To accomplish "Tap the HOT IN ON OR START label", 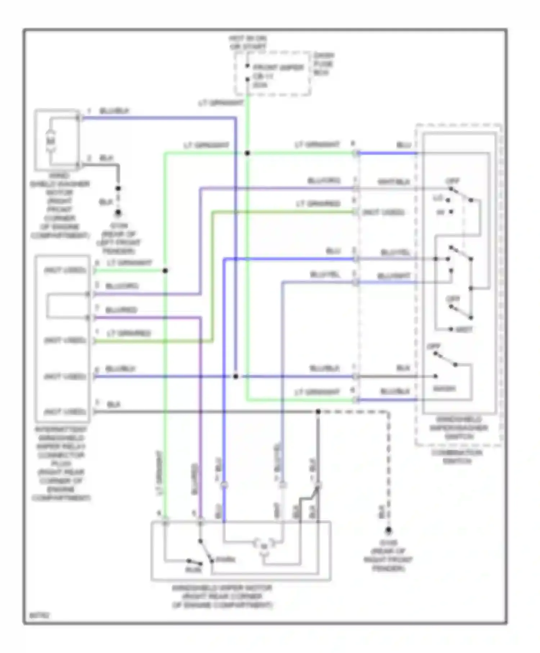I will point(248,42).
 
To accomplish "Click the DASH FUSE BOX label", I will point(324,64).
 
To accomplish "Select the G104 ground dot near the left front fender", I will point(118,213).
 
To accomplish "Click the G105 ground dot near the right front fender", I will point(388,530).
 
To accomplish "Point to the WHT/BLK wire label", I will point(393,182).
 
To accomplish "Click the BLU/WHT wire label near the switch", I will point(393,276).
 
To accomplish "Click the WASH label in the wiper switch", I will point(444,389).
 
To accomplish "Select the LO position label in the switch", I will point(438,198).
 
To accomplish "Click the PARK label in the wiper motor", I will point(226,560).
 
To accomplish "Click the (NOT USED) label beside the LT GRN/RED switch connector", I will point(383,212).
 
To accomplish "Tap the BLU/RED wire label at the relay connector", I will point(121,310).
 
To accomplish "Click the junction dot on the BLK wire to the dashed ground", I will point(318,411).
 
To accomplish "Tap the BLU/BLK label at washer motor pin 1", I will point(114,111).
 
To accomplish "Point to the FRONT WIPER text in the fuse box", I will point(278,67).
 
